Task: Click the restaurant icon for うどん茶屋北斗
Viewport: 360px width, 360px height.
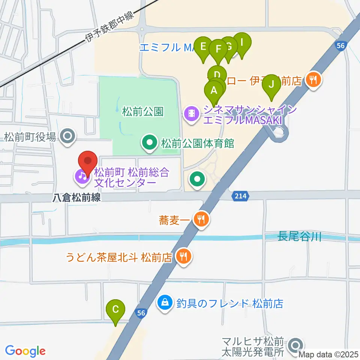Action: [x=183, y=257]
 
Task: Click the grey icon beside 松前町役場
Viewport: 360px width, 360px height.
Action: [x=68, y=136]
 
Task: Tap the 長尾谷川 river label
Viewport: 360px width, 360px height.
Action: [x=299, y=237]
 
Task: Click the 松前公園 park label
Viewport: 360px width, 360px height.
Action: [x=143, y=111]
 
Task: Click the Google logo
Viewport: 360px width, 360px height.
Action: [x=25, y=351]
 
